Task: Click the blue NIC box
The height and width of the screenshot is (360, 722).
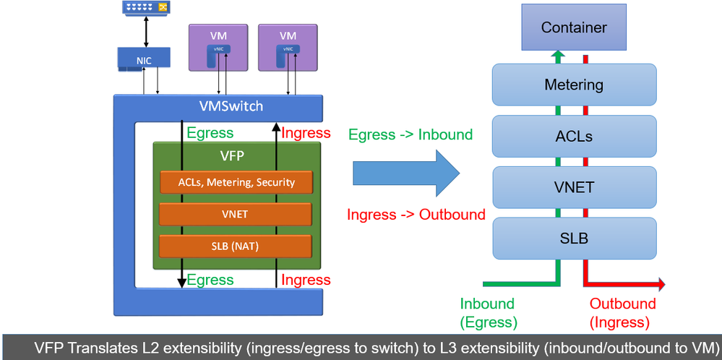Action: point(144,61)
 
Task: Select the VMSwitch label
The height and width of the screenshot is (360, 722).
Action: point(231,107)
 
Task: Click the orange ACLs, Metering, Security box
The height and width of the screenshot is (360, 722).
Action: point(236,182)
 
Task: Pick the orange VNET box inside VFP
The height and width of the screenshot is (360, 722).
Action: point(236,214)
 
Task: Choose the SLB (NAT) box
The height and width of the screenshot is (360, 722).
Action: point(236,246)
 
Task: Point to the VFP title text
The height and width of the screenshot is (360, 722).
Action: point(236,155)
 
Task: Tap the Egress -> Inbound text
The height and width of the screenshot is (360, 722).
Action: point(410,135)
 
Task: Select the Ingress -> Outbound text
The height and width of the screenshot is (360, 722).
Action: point(416,215)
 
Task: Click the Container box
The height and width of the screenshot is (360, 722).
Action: point(574,29)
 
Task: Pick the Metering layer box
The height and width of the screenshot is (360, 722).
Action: point(574,85)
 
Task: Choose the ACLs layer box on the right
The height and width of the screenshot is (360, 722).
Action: point(574,136)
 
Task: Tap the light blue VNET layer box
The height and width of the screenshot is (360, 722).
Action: point(574,187)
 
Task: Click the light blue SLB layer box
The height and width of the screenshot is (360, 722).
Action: point(574,238)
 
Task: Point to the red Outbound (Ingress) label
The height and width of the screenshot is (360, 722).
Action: point(622,312)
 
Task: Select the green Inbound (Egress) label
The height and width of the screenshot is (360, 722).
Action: point(487,312)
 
